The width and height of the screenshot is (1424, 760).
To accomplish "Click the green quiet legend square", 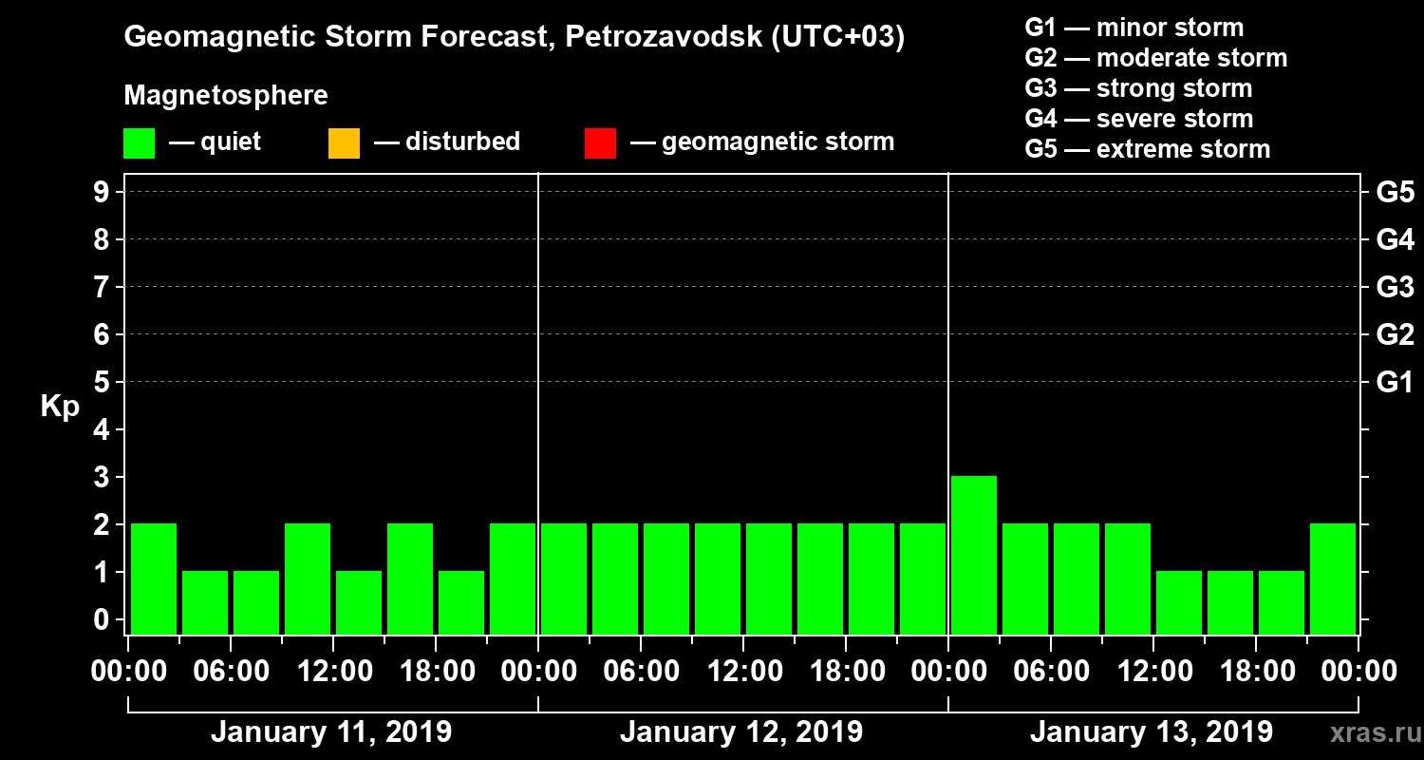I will coord(139,143).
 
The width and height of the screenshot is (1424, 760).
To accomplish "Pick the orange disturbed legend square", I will coord(344,143).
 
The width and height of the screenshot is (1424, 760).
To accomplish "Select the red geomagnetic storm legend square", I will coord(600,143).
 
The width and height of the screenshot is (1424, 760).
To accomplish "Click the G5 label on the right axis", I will coord(1395,193).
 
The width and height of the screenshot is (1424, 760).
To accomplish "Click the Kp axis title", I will coord(60,407).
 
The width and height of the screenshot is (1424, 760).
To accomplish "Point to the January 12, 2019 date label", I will coord(741,732).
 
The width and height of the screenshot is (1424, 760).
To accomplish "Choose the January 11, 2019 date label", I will coord(331,732).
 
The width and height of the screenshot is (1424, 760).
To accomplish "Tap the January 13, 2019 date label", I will coord(1152,732).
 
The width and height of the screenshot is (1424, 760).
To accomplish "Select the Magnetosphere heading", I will coord(226,96).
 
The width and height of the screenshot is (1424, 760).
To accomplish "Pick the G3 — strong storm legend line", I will coord(1138,88).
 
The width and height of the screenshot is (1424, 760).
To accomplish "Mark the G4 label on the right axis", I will coord(1395,240).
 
